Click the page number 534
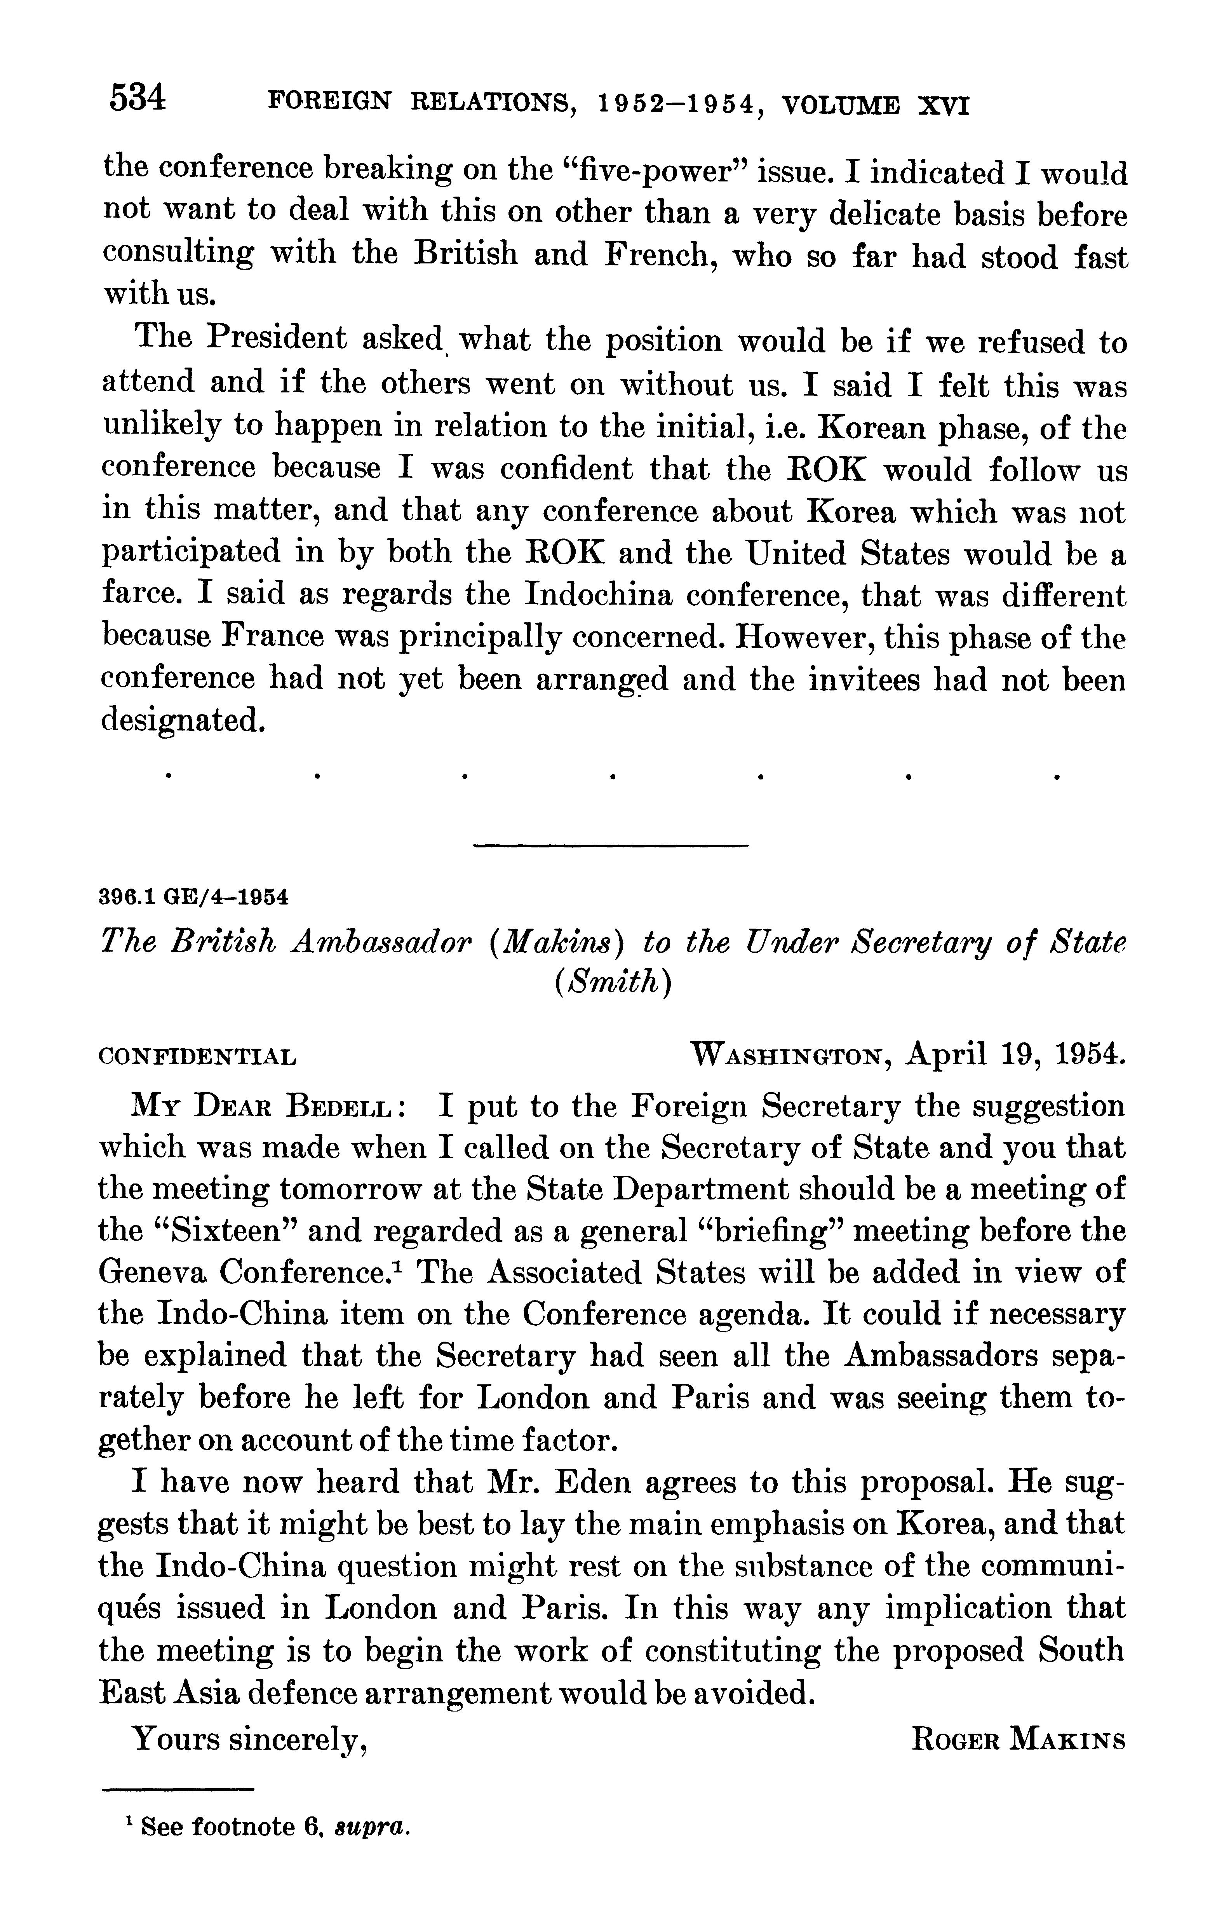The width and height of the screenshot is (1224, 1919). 138,98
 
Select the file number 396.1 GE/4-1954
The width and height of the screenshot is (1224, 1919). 193,898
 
